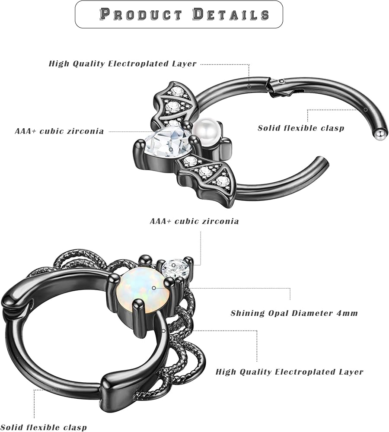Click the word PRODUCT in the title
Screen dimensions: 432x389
(141, 14)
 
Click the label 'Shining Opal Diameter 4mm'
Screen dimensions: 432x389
(294, 313)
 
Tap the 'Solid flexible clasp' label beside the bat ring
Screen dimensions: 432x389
(301, 128)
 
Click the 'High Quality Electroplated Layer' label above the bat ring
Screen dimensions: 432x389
(122, 64)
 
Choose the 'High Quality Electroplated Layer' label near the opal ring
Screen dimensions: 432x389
(290, 372)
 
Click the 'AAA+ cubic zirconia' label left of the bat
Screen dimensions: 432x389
(59, 131)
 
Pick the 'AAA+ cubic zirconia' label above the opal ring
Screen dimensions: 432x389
(194, 221)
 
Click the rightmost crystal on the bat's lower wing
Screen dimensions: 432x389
(222, 180)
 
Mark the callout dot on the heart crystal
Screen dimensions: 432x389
(172, 149)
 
